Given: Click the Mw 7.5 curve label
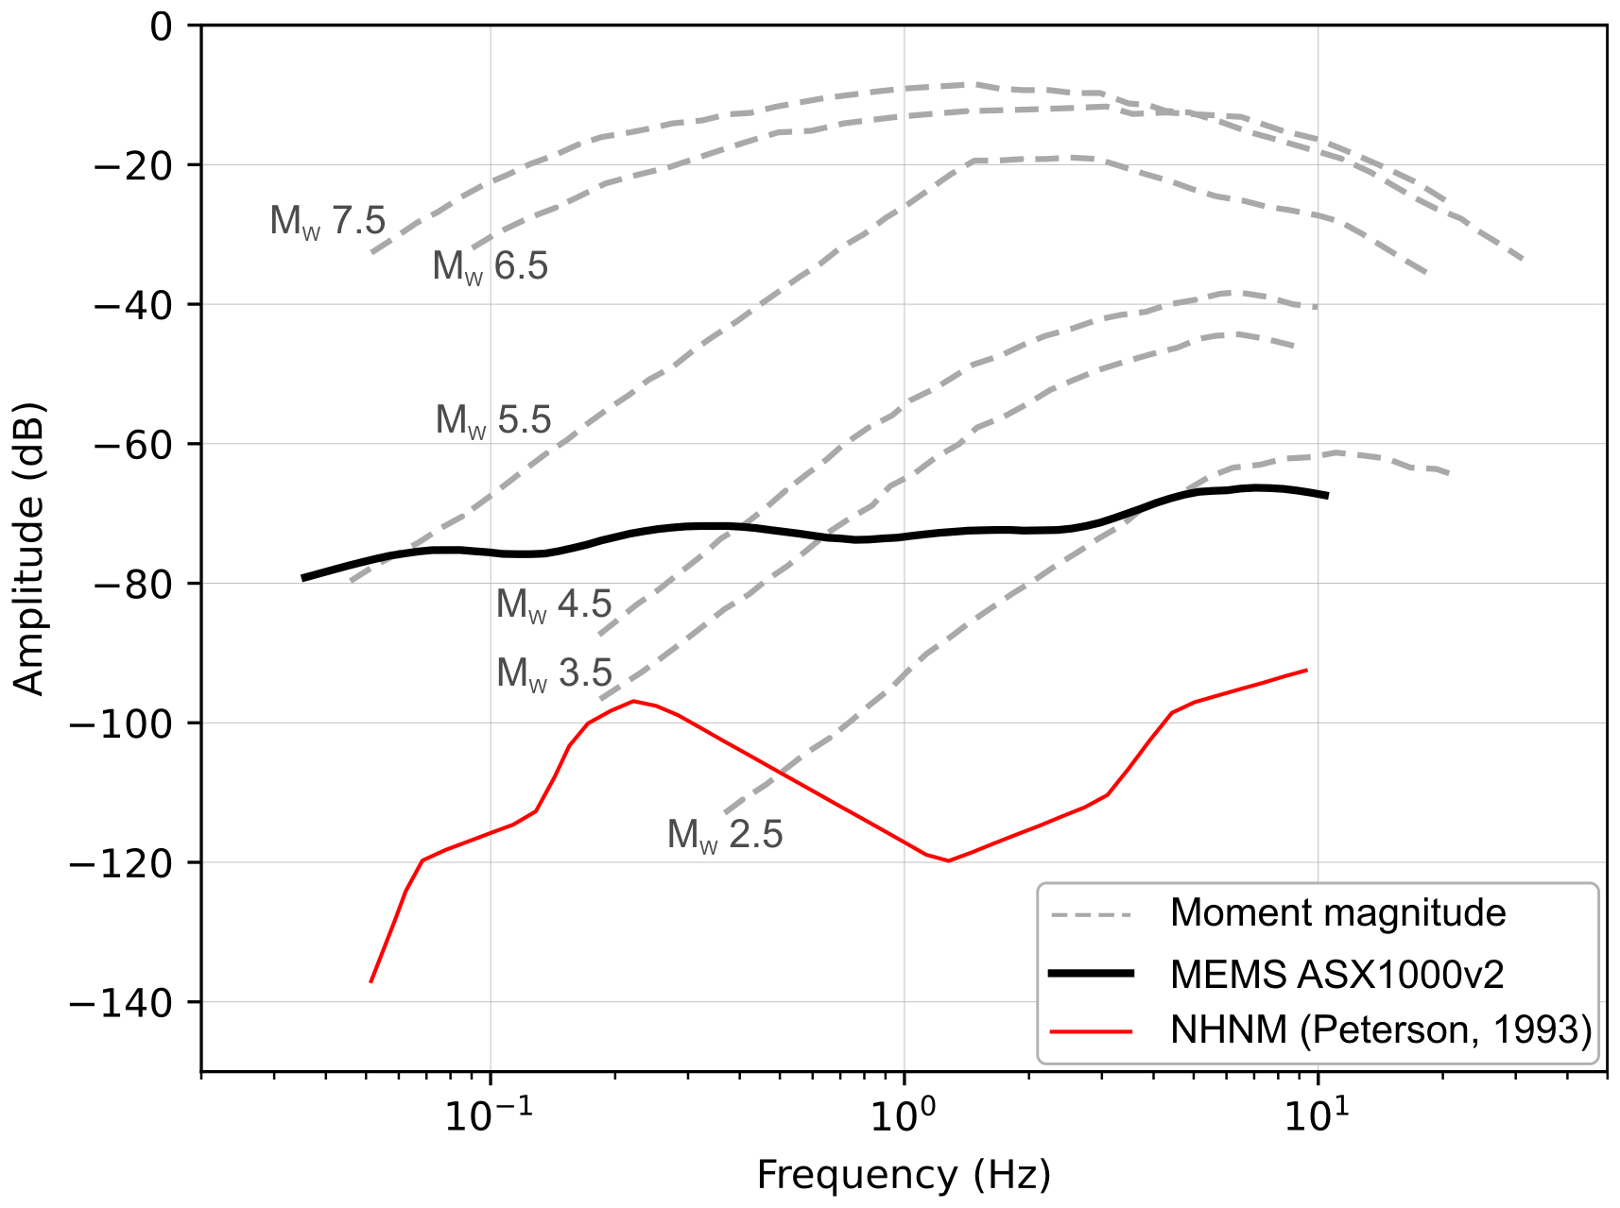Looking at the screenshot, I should (328, 221).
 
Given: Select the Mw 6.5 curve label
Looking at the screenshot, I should (491, 266).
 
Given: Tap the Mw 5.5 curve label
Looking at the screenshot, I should (493, 420).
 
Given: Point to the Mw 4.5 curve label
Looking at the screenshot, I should (554, 604).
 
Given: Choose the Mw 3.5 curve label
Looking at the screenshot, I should (555, 673).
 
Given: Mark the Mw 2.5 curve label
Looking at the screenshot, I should (725, 835).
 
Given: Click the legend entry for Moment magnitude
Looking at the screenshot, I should (1337, 913).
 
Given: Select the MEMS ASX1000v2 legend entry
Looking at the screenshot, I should (1336, 974).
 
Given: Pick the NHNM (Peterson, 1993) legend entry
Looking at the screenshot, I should (1381, 1030).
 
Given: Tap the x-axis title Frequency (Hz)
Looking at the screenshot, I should (904, 1176).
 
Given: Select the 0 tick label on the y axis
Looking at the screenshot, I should (162, 26).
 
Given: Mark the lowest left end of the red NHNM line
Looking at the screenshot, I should (371, 981).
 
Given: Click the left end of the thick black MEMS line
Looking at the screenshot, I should (303, 577).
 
